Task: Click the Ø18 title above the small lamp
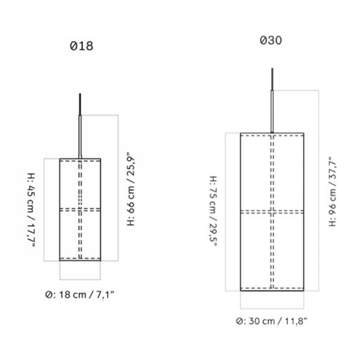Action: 81,46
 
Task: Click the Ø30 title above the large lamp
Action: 271,40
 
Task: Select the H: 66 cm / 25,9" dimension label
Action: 130,189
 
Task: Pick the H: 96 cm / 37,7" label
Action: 333,192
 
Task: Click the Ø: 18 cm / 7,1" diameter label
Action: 80,295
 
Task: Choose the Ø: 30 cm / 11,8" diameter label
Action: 271,321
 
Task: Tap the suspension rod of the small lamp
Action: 80,137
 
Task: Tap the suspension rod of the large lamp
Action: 272,112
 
